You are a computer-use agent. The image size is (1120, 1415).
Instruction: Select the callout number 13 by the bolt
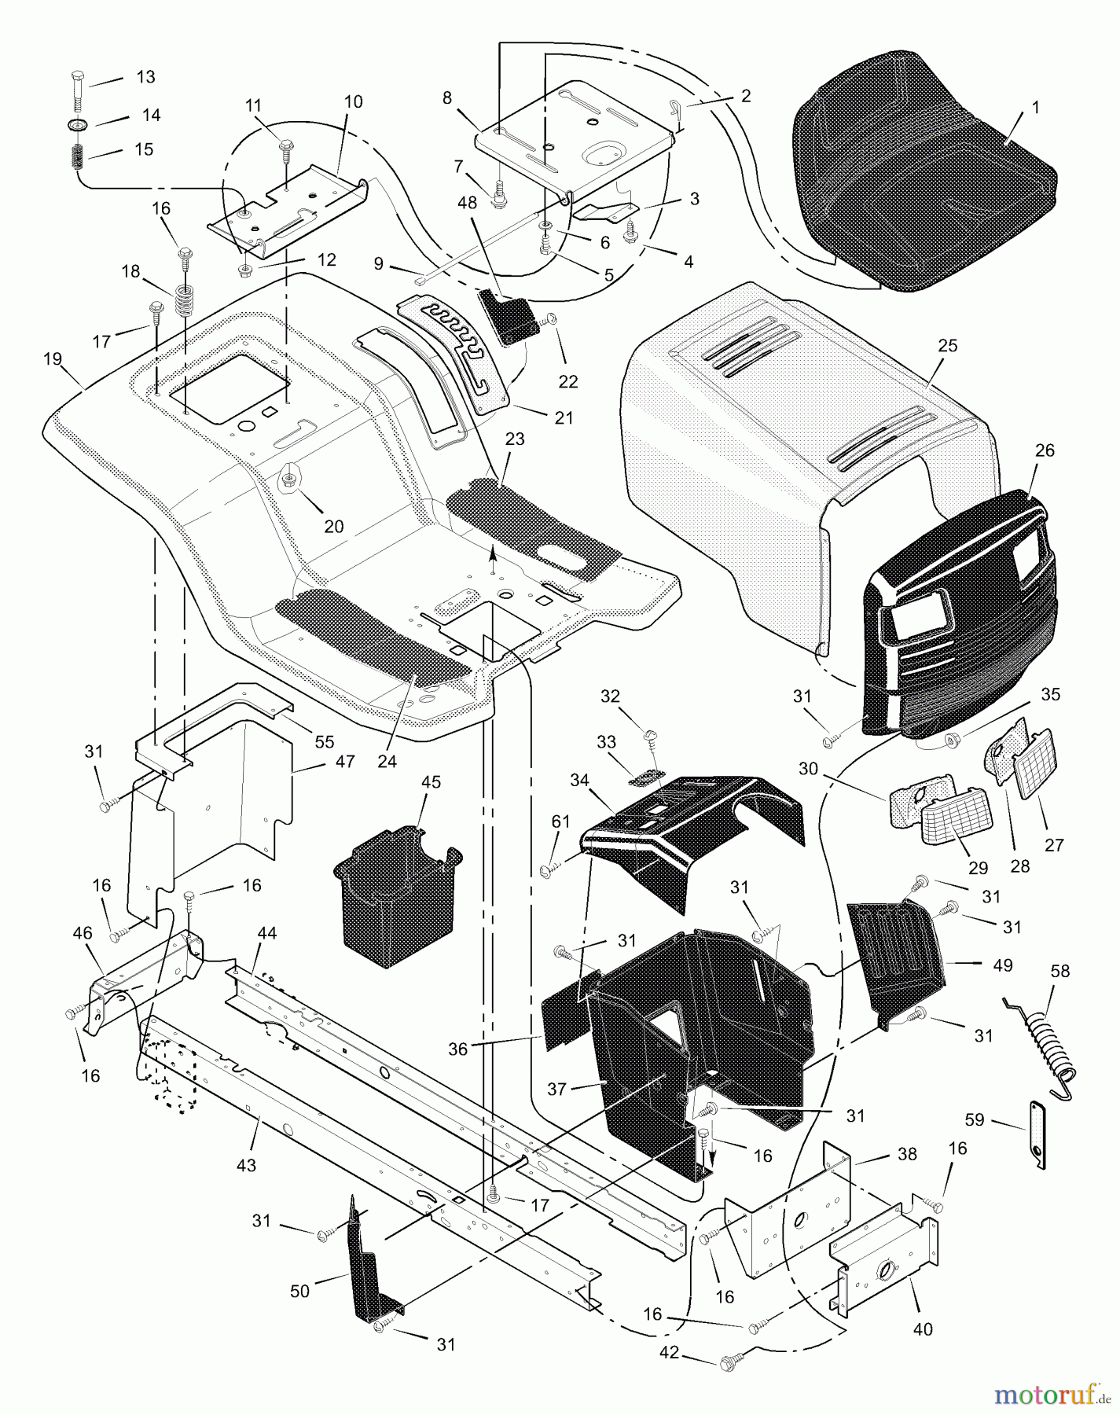[x=145, y=77]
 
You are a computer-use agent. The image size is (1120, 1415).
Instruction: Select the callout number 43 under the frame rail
[x=246, y=1166]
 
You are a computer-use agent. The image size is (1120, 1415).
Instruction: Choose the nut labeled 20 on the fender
[x=289, y=475]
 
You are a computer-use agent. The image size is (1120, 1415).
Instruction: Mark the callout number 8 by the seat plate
[x=447, y=98]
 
